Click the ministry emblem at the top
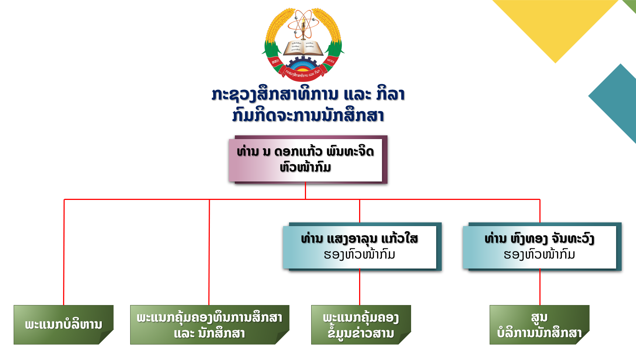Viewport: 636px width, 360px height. pyautogui.click(x=303, y=44)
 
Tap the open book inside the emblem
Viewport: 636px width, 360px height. pyautogui.click(x=303, y=48)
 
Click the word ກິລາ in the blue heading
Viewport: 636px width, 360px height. pyautogui.click(x=390, y=94)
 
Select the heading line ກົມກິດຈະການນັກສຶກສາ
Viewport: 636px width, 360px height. pyautogui.click(x=308, y=115)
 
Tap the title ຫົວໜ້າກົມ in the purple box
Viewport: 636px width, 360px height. pyautogui.click(x=305, y=167)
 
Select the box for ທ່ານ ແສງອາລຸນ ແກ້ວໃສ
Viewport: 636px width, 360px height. pyautogui.click(x=359, y=246)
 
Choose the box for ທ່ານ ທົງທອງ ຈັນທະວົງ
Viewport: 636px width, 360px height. pyautogui.click(x=539, y=246)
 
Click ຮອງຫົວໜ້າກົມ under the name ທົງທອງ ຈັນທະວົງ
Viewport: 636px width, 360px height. pyautogui.click(x=539, y=255)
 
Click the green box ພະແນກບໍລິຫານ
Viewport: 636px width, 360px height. pyautogui.click(x=63, y=325)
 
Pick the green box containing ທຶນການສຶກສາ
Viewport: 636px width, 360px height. pyautogui.click(x=209, y=325)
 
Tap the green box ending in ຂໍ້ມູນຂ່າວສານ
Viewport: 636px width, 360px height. pyautogui.click(x=361, y=325)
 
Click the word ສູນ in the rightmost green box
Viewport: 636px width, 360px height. pyautogui.click(x=539, y=317)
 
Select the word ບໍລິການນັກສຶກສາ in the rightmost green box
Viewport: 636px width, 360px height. pyautogui.click(x=539, y=333)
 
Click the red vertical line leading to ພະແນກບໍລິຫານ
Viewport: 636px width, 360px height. pyautogui.click(x=64, y=255)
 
